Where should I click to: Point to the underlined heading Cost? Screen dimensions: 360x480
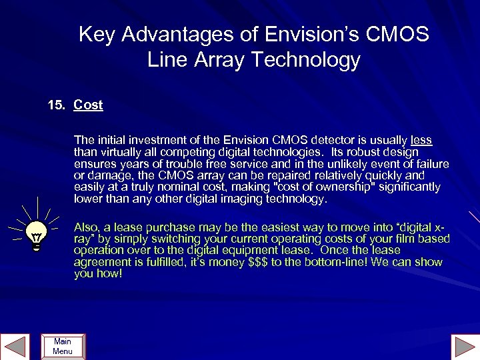pos(88,105)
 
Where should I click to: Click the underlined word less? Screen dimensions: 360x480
pos(421,140)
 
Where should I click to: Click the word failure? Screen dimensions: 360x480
pos(431,164)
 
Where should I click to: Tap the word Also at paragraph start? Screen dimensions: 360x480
pos(87,227)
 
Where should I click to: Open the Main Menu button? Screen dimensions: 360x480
pos(63,346)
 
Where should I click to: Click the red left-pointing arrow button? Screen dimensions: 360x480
pos(16,346)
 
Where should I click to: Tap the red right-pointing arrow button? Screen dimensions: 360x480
pos(463,346)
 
